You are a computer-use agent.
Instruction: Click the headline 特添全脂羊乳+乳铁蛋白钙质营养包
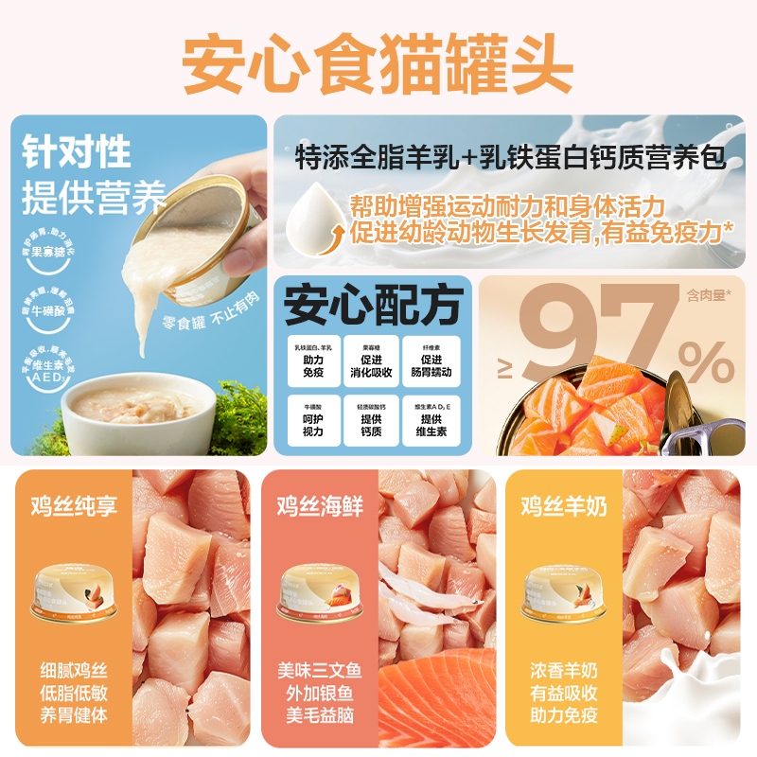point(511,156)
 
